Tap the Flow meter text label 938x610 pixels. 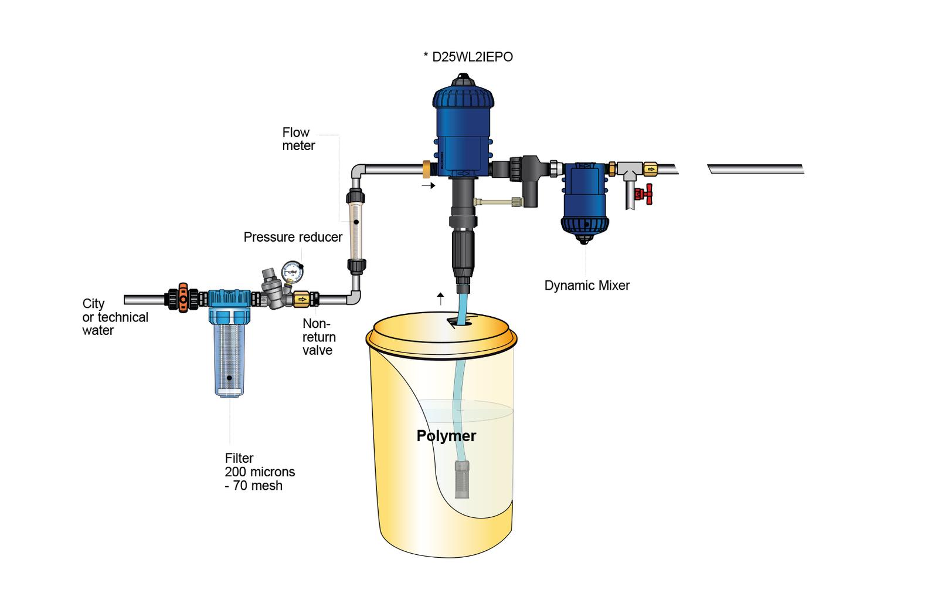(298, 139)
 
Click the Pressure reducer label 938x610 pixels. (293, 237)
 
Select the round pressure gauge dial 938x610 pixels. (292, 270)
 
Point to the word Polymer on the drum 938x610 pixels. (446, 436)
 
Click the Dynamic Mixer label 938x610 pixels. (587, 286)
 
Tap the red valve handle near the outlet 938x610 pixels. (648, 192)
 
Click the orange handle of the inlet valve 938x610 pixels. (183, 299)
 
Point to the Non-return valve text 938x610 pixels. (319, 337)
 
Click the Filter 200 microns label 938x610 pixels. (260, 472)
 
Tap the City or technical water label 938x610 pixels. (115, 317)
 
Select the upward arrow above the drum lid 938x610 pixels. (440, 299)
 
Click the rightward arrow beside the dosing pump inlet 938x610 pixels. (429, 186)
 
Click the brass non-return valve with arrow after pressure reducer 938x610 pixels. (302, 300)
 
